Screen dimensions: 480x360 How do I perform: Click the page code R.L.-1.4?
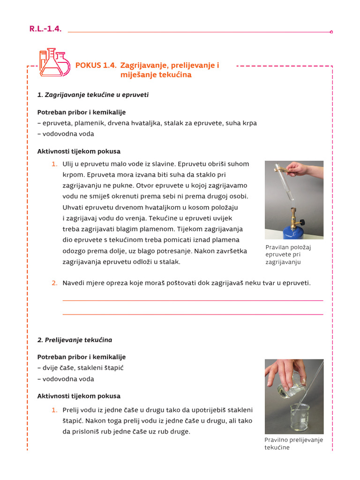point(45,29)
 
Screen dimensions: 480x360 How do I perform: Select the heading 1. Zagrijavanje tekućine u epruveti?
point(93,95)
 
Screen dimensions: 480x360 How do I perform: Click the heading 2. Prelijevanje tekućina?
point(75,340)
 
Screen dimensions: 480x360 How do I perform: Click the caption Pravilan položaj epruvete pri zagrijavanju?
point(288,255)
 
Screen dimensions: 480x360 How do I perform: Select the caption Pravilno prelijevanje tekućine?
point(293,443)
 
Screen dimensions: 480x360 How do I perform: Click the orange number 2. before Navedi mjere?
point(54,283)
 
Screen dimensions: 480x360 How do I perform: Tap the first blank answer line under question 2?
point(192,300)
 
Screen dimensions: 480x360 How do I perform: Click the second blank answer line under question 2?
point(192,315)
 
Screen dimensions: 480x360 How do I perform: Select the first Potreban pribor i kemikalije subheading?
point(82,112)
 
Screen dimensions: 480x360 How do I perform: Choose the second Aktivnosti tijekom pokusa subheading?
point(79,396)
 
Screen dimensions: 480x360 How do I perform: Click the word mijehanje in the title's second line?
point(136,75)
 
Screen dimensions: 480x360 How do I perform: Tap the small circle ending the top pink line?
point(331,32)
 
